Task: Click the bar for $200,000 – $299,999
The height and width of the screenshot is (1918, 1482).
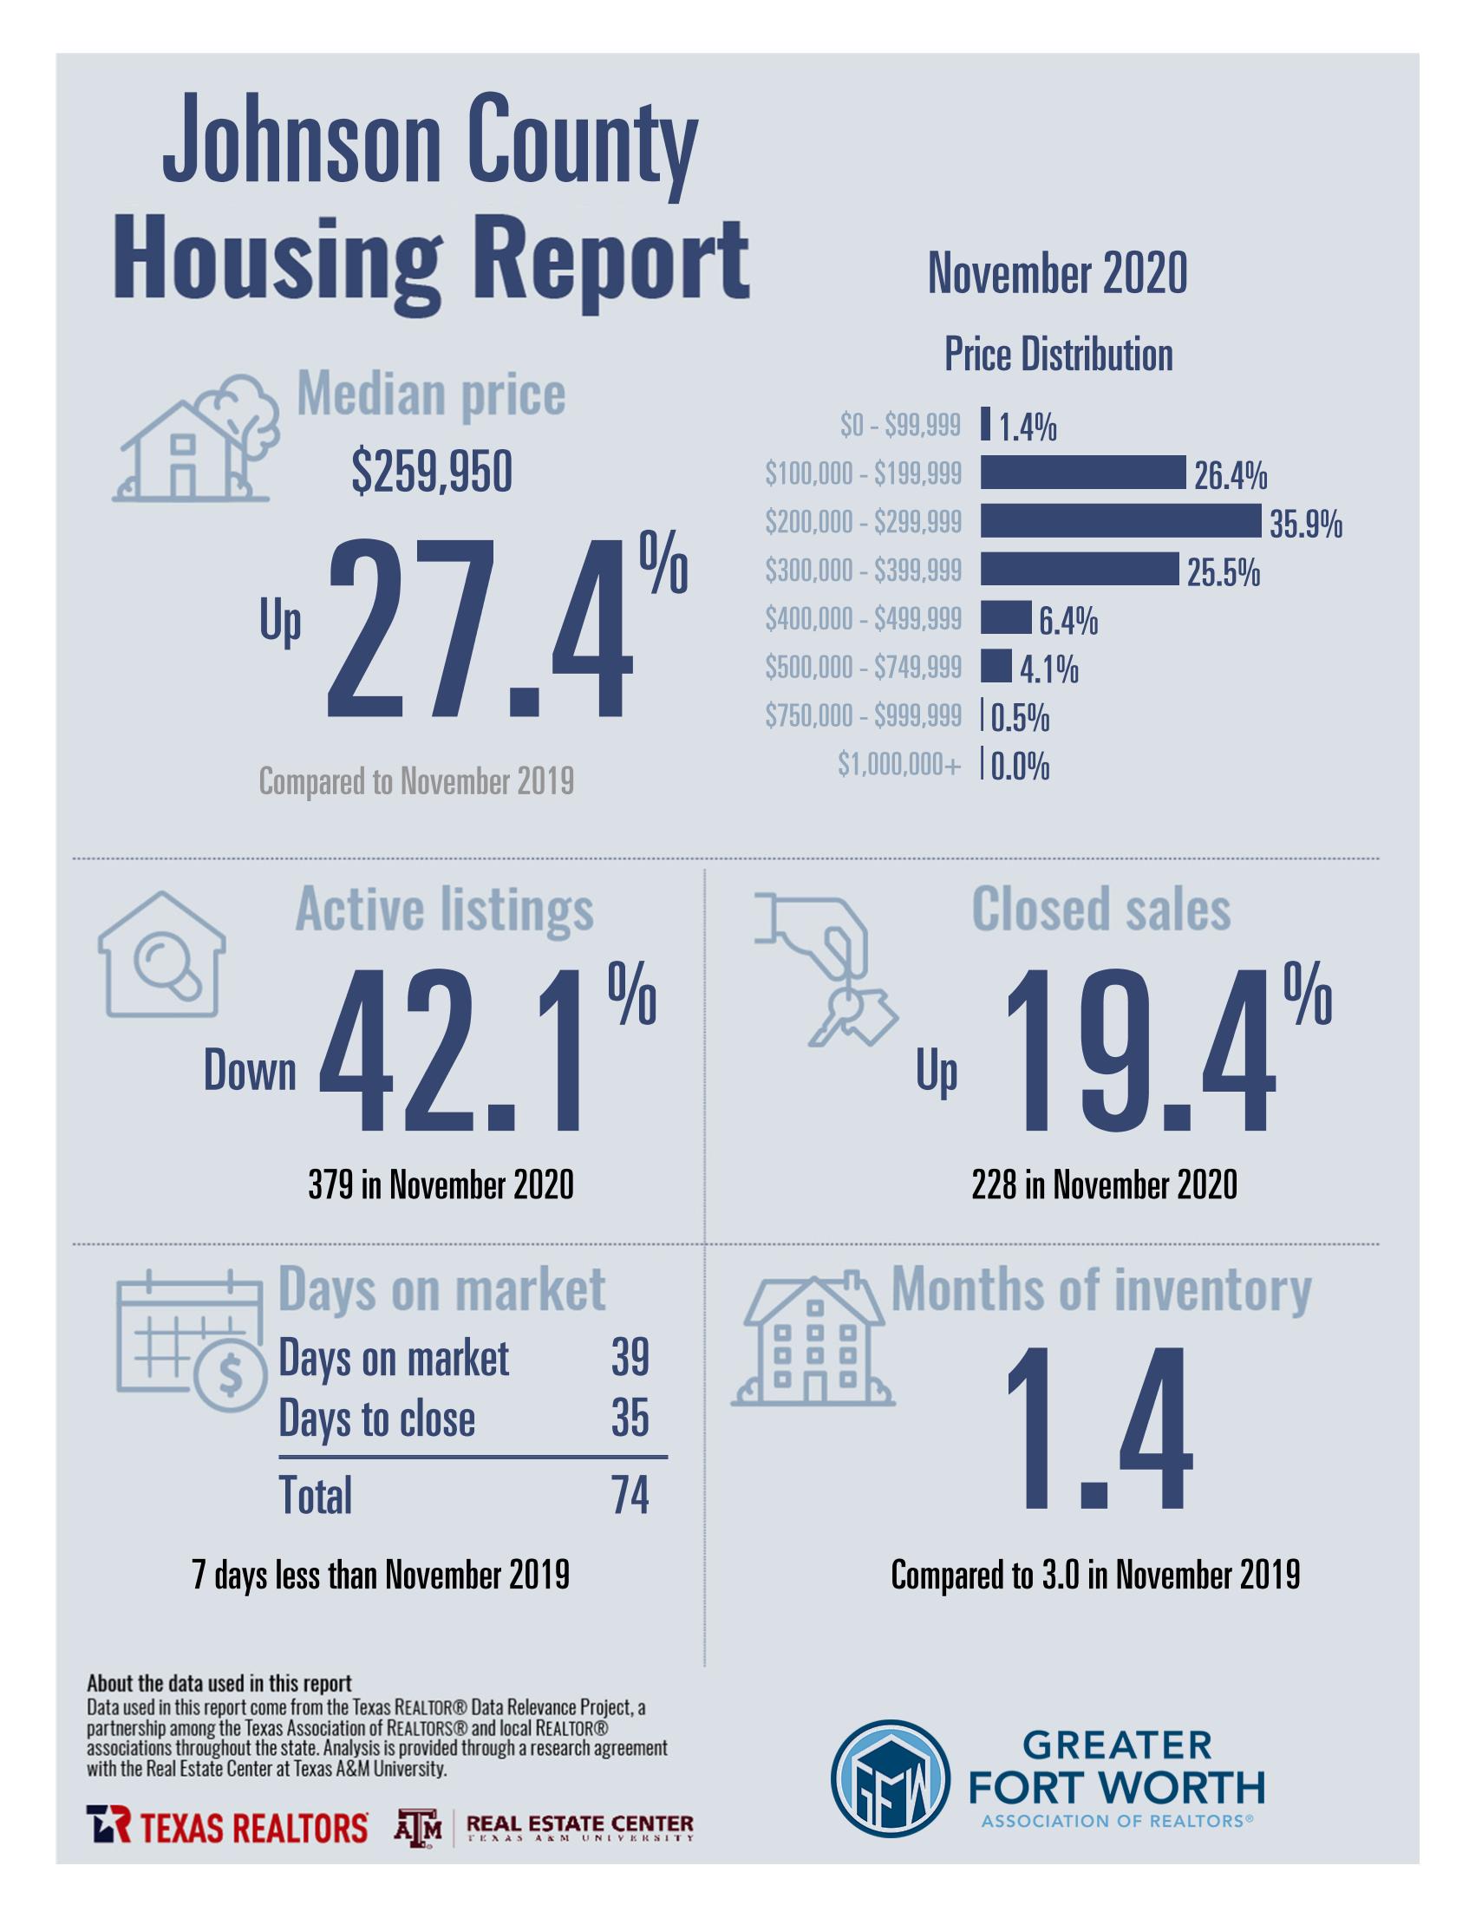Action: pos(1120,521)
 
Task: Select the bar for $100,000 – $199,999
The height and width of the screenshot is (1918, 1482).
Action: pos(1082,473)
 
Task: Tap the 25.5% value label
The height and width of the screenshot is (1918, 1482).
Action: pos(1223,572)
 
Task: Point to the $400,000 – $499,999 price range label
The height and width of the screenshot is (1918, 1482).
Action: pos(863,619)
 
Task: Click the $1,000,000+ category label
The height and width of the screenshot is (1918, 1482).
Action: pos(898,765)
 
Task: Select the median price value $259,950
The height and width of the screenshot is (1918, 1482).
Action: pos(431,473)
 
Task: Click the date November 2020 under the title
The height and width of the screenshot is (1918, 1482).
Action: pos(1057,273)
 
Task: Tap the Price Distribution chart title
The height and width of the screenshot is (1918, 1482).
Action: pos(1058,355)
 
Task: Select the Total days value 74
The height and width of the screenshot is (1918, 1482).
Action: pos(630,1495)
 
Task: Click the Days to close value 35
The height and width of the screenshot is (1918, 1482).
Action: pos(630,1419)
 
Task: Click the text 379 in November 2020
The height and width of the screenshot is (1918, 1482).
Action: pos(441,1184)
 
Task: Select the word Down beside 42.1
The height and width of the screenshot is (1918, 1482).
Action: pos(250,1072)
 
